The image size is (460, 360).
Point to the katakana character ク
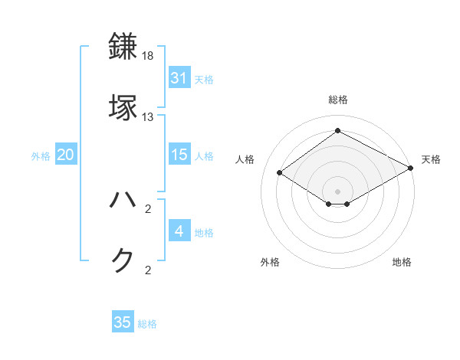(123, 260)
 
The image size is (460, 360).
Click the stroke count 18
(148, 57)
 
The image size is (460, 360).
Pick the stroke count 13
(148, 116)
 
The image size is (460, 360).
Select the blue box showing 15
(179, 155)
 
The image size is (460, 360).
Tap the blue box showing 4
(179, 231)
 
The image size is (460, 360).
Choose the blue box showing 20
(65, 155)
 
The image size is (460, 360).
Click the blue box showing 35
(123, 322)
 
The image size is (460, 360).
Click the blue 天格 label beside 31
(204, 79)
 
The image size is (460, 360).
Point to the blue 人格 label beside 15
(204, 156)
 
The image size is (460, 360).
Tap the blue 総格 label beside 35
(147, 324)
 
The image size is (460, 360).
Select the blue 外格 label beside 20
(41, 156)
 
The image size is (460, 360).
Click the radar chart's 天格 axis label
(431, 159)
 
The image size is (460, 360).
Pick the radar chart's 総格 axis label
(337, 100)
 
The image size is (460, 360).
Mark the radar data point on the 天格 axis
(411, 169)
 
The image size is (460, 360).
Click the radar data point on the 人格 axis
(280, 173)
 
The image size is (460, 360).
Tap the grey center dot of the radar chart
(337, 190)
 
